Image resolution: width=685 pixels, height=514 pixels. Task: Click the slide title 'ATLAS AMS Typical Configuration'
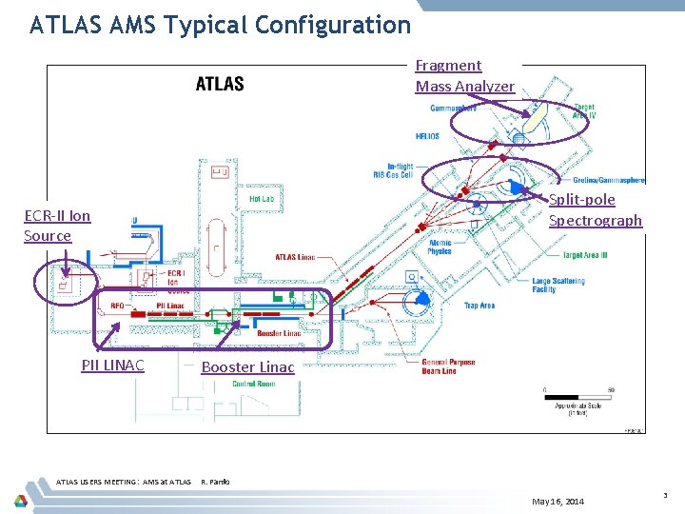click(220, 25)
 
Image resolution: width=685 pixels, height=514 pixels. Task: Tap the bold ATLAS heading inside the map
click(220, 85)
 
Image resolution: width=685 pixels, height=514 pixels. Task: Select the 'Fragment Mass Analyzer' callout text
click(464, 76)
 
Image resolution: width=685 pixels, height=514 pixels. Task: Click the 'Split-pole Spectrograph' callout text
click(595, 209)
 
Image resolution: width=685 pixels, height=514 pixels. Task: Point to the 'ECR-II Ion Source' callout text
click(56, 226)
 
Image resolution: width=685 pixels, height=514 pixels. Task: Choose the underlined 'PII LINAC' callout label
click(112, 366)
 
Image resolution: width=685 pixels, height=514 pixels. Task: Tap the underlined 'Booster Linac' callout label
click(247, 366)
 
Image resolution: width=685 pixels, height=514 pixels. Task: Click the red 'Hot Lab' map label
click(262, 199)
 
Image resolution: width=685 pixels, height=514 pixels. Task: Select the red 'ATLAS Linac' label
click(295, 257)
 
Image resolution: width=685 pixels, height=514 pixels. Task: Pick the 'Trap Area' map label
click(479, 306)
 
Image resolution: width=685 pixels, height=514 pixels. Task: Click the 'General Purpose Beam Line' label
click(448, 366)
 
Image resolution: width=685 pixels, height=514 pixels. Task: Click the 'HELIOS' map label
click(427, 136)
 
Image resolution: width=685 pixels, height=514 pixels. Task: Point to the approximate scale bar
click(577, 390)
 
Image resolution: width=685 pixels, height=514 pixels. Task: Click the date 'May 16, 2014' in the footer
click(558, 501)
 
